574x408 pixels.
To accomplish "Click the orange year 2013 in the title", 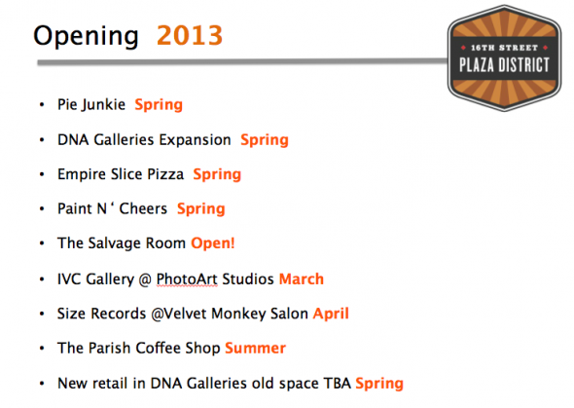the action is click(190, 35).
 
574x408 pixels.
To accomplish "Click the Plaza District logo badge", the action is click(504, 57).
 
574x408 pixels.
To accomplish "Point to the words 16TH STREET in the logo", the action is click(504, 48).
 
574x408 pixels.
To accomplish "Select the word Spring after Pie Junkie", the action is click(159, 105).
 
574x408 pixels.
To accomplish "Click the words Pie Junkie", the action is click(91, 105).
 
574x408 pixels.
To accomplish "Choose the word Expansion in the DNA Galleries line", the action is click(195, 140).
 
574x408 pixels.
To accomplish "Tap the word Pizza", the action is click(165, 174).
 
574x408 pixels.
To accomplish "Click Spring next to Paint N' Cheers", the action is click(201, 209).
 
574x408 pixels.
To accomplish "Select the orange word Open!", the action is click(213, 243).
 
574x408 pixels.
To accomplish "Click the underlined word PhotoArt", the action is click(187, 279).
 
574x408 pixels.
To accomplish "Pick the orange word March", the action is click(302, 279).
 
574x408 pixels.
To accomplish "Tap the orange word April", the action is click(331, 314).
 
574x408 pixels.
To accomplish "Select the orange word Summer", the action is click(255, 349).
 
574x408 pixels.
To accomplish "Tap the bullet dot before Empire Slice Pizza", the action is click(42, 174).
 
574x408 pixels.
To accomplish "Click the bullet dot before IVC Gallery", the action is click(42, 279).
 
